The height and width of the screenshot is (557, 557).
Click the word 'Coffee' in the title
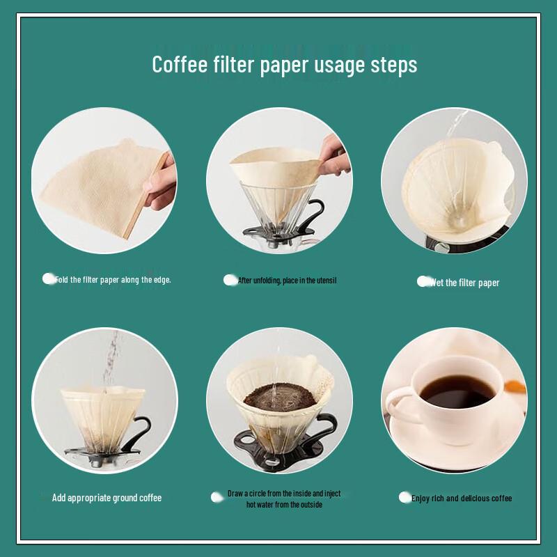pyautogui.click(x=180, y=65)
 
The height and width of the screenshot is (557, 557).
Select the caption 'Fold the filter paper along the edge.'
pyautogui.click(x=113, y=280)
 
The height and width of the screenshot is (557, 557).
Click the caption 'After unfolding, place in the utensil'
pyautogui.click(x=287, y=281)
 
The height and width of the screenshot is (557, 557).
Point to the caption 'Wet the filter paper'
pyautogui.click(x=464, y=283)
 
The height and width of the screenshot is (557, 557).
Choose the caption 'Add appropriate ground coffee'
pyautogui.click(x=107, y=498)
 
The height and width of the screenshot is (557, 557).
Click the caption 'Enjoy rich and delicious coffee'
pyautogui.click(x=462, y=499)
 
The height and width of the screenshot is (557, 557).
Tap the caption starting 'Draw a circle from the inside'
pyautogui.click(x=284, y=499)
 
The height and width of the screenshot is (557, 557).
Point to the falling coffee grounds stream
pyautogui.click(x=109, y=362)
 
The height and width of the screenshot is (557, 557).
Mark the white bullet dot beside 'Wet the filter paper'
pyautogui.click(x=423, y=281)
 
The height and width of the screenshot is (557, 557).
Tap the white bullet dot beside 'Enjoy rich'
pyautogui.click(x=405, y=497)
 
